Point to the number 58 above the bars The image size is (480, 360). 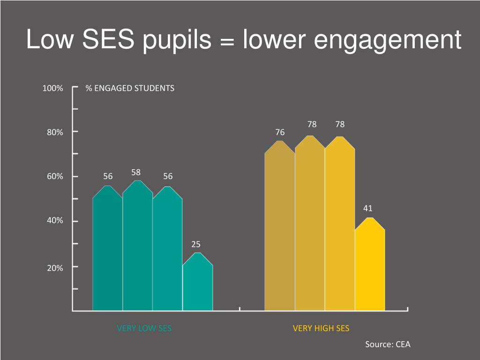pyautogui.click(x=136, y=172)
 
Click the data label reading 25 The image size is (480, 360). pyautogui.click(x=196, y=244)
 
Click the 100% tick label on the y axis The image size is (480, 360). pyautogui.click(x=52, y=88)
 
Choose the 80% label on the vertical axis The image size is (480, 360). pyautogui.click(x=54, y=133)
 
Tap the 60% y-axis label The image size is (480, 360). pyautogui.click(x=54, y=177)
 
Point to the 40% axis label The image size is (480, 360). pyautogui.click(x=54, y=221)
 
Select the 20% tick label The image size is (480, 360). pyautogui.click(x=54, y=268)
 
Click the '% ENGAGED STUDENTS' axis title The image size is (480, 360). pyautogui.click(x=130, y=88)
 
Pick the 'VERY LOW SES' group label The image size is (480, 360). pyautogui.click(x=144, y=328)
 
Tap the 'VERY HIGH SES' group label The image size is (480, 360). pyautogui.click(x=321, y=328)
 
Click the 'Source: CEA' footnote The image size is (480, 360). pyautogui.click(x=388, y=345)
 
